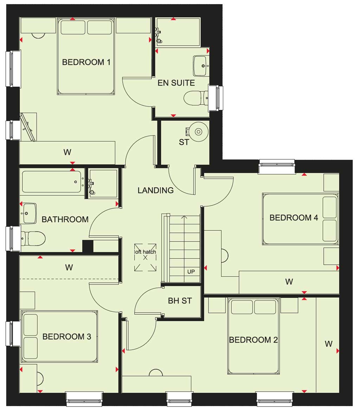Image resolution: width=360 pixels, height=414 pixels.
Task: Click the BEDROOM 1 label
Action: (x=86, y=62)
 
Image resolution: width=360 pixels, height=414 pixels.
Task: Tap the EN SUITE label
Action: (x=176, y=83)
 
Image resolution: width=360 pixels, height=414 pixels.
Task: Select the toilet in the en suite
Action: (x=196, y=98)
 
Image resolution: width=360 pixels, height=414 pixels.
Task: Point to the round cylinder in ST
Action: (x=199, y=131)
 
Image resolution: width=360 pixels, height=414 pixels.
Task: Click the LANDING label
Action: (x=156, y=190)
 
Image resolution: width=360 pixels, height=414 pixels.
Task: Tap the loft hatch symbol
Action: (x=145, y=257)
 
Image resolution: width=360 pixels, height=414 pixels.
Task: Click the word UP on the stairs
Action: (x=191, y=272)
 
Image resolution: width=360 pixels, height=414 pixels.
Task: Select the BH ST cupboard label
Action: (x=180, y=301)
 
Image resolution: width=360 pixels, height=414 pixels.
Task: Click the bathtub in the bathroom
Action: (x=52, y=182)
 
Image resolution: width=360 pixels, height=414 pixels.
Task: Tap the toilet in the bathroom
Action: (x=33, y=239)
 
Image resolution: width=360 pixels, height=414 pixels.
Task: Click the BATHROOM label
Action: (x=65, y=219)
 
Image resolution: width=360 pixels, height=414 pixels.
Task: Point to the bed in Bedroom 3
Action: (x=59, y=337)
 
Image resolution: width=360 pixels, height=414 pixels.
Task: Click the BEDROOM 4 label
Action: (x=294, y=218)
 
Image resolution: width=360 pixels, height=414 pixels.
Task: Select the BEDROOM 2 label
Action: (x=253, y=340)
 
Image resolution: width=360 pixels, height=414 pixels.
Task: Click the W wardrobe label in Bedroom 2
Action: (x=329, y=344)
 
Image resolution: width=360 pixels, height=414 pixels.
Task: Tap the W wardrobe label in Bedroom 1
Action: (x=67, y=152)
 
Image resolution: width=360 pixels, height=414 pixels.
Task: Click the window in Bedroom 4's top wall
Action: (x=277, y=166)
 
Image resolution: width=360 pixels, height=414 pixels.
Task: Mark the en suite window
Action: (x=216, y=97)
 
